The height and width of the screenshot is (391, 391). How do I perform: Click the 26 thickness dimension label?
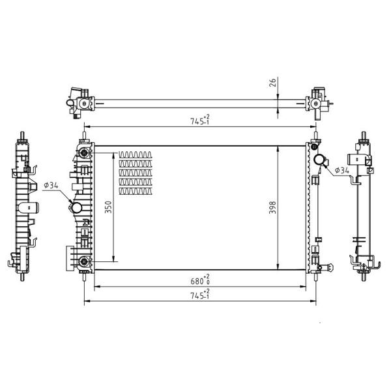pos(273,83)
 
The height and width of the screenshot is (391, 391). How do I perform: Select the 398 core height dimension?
pos(273,207)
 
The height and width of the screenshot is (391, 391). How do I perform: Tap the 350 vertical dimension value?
pos(108,207)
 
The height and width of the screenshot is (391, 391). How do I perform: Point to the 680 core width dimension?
pos(200,280)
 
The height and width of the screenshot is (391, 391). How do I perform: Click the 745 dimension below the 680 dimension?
pos(200,295)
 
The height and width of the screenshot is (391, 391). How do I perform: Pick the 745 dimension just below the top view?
pos(200,120)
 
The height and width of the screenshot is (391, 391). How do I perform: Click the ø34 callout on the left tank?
pos(51,185)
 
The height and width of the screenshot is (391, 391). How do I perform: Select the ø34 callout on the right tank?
pos(342,170)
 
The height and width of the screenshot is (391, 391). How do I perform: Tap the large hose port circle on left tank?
pos(76,207)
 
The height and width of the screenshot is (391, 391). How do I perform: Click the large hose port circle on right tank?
pos(319,160)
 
